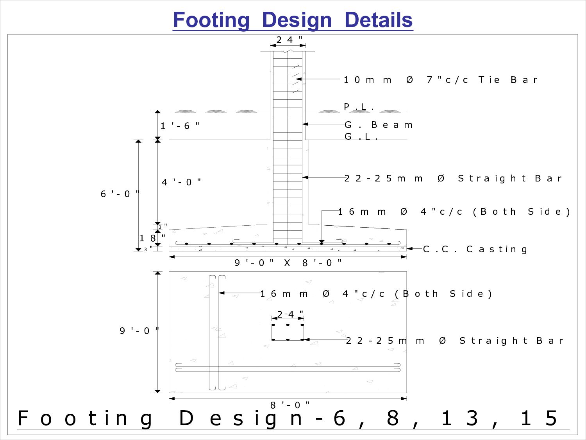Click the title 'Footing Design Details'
click(293, 20)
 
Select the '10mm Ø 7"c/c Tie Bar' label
click(440, 80)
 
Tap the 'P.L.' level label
click(359, 106)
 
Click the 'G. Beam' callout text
click(378, 125)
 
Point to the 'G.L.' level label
click(361, 136)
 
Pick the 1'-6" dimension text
click(180, 126)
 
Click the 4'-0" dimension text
click(181, 182)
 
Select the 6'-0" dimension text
click(120, 194)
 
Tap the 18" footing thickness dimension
click(152, 238)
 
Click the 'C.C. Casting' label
click(475, 249)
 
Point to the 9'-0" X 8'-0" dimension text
click(288, 262)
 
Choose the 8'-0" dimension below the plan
click(290, 405)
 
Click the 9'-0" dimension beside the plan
click(139, 331)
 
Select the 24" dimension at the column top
click(289, 40)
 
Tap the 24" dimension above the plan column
click(290, 314)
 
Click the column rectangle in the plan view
click(288, 332)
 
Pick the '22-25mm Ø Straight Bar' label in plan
click(454, 341)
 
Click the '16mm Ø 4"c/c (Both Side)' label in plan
click(376, 294)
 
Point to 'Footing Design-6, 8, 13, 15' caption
click(288, 418)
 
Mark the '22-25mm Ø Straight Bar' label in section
click(453, 178)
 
